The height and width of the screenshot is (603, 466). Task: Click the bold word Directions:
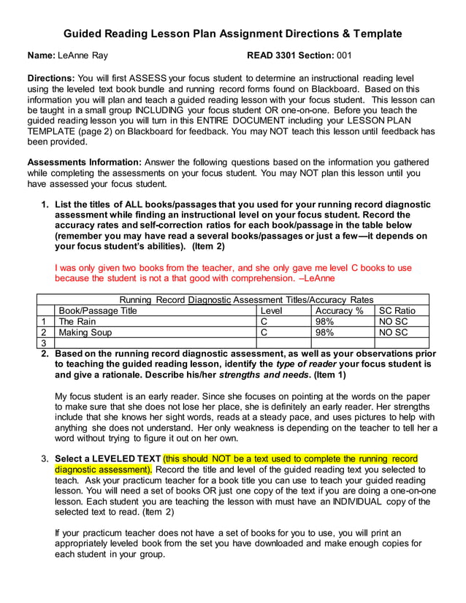pos(51,77)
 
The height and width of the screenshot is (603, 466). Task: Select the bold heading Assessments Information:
pos(84,162)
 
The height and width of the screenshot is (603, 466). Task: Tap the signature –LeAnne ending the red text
pos(317,278)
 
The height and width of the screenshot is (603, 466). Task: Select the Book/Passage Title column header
pos(97,310)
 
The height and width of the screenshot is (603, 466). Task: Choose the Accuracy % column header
pos(339,310)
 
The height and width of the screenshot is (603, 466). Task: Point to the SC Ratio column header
pos(397,310)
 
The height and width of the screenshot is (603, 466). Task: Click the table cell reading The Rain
pos(77,321)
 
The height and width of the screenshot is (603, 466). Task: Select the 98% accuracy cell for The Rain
pos(324,321)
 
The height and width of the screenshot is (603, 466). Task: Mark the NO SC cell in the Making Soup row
pos(393,332)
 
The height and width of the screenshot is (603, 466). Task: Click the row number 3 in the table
pos(44,343)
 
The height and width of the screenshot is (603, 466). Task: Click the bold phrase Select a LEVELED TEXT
pos(108,458)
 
